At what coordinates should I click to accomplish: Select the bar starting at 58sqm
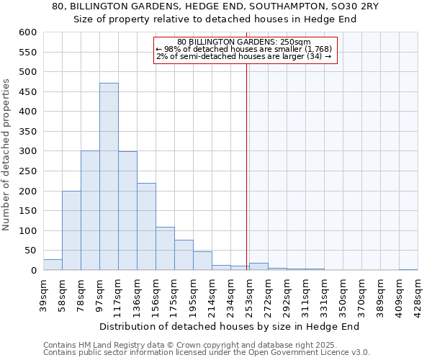[71, 230]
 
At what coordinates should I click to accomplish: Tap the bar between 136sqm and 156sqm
[146, 227]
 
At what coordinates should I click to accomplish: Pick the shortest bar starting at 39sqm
[53, 265]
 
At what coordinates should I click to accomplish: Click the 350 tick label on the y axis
[27, 132]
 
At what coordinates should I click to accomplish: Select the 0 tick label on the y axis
[32, 271]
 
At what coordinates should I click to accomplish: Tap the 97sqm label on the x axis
[99, 294]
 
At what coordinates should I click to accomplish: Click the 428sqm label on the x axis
[418, 294]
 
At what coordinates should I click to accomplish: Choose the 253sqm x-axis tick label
[249, 294]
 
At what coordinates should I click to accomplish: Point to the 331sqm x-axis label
[324, 294]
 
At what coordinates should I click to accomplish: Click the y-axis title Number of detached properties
[7, 155]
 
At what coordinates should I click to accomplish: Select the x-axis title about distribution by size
[229, 326]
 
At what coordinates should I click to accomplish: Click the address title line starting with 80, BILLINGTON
[215, 6]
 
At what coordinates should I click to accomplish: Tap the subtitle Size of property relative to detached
[215, 19]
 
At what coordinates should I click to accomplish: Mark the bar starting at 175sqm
[184, 256]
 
